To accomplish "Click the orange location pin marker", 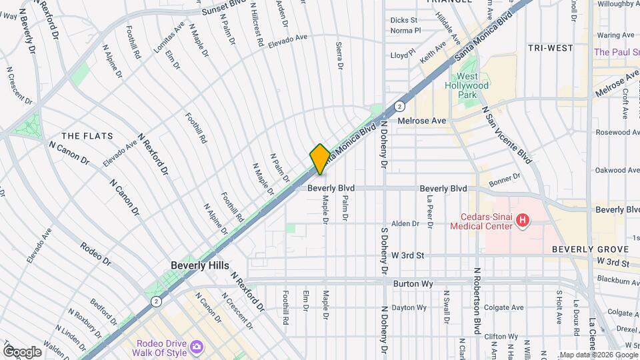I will point(320,159).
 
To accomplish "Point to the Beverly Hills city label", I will point(199,265).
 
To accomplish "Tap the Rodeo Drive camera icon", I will point(196,346).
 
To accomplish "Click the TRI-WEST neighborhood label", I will point(550,48).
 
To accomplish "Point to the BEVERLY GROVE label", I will point(581,249).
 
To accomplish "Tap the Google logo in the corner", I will point(22,352).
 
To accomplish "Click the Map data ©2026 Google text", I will point(599,355).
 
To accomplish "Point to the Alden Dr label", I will point(405,224).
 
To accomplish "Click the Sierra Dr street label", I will point(339,55).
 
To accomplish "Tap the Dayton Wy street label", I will point(408,307).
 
